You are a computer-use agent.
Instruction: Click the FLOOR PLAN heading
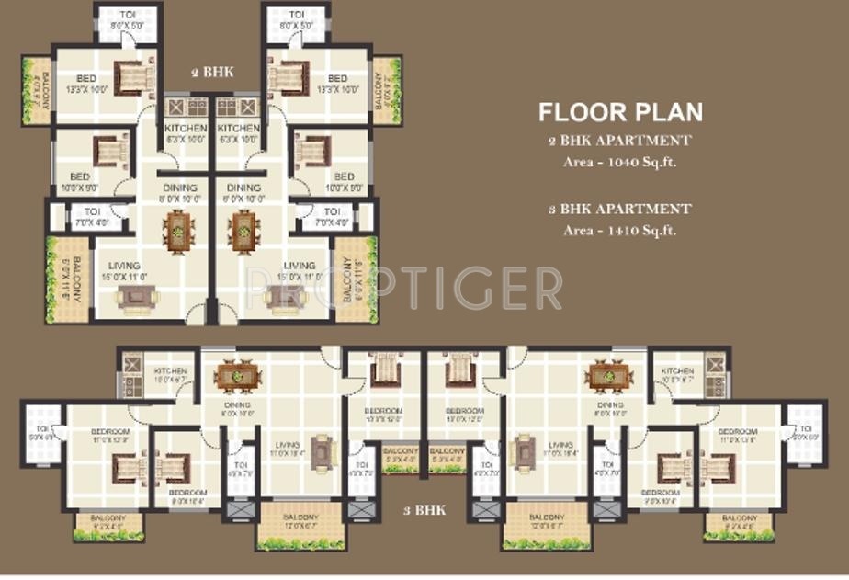click(x=620, y=113)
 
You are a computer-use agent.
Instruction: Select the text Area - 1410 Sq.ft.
click(x=620, y=230)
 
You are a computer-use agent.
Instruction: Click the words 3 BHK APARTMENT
click(x=620, y=209)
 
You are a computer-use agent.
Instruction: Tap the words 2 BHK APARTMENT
click(x=620, y=141)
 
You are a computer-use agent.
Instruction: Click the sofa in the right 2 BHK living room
click(x=287, y=297)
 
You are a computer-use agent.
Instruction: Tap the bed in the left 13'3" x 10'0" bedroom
click(x=135, y=77)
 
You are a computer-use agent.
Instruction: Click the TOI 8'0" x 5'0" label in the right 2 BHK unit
click(x=296, y=20)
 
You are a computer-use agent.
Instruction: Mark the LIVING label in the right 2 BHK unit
click(x=300, y=266)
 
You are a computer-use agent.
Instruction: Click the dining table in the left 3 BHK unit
click(x=237, y=376)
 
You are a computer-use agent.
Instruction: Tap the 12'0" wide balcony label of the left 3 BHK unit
click(x=300, y=521)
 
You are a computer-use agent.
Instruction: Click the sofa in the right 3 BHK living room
click(x=525, y=452)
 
